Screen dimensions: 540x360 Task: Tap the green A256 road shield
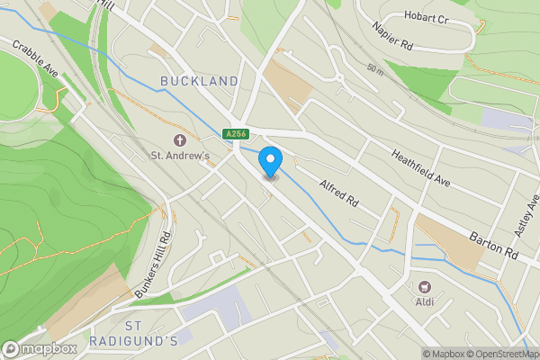pos(236,134)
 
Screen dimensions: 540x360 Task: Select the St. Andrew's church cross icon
pos(179,139)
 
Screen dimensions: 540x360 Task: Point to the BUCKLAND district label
pos(199,81)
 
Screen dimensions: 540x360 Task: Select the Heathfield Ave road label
pos(420,167)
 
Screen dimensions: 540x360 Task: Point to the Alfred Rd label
pos(338,192)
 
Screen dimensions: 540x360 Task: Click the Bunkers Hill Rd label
pos(153,265)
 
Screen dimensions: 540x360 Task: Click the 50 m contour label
pos(376,68)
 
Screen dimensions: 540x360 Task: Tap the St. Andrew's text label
pos(180,156)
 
